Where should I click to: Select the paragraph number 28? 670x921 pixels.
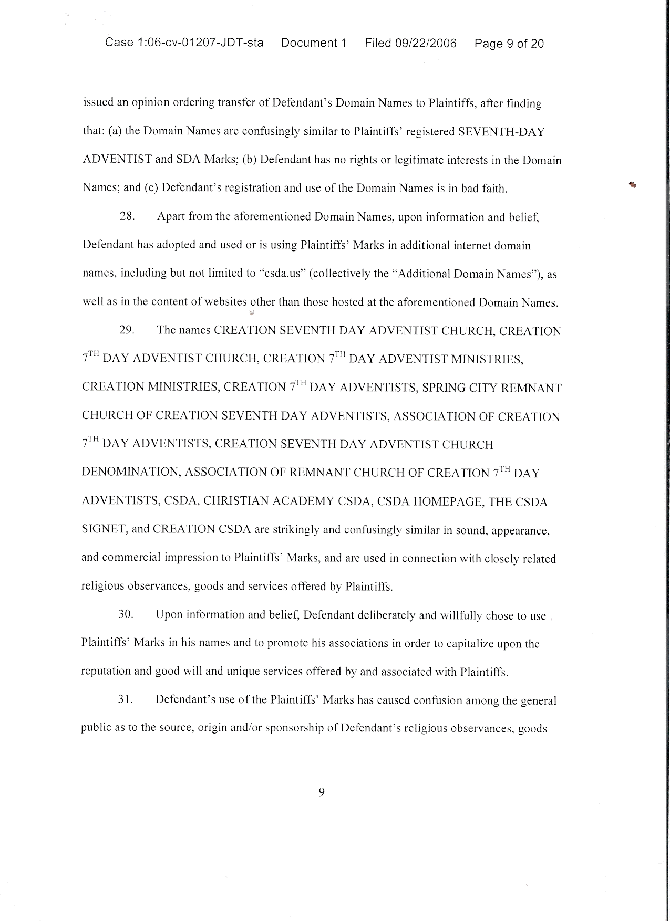(127, 217)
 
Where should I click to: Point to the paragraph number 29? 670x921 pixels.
(127, 330)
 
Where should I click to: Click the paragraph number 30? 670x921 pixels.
(126, 614)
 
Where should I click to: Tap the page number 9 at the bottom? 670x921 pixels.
(322, 792)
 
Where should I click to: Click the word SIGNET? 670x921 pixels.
(104, 529)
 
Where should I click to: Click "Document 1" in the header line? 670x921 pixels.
(314, 43)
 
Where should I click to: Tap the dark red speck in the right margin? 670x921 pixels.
(632, 184)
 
